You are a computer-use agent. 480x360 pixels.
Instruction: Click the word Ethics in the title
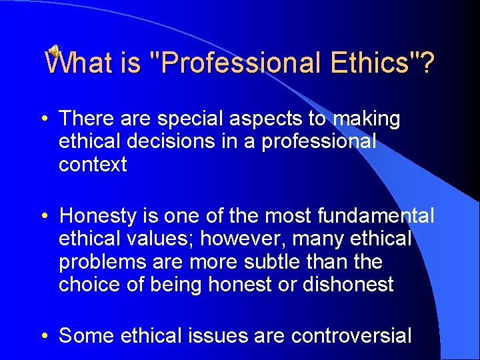pyautogui.click(x=372, y=63)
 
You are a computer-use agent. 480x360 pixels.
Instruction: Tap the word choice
pyautogui.click(x=89, y=285)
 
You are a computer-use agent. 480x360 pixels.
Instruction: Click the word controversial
pyautogui.click(x=351, y=336)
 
